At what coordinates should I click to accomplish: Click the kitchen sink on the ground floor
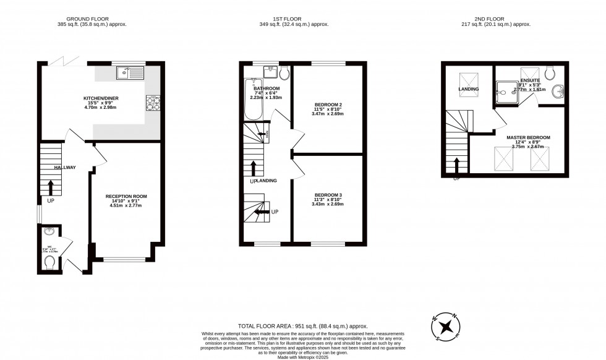(x=130, y=74)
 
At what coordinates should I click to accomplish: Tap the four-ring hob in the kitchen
(x=152, y=103)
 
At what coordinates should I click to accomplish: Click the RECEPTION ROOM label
(x=126, y=196)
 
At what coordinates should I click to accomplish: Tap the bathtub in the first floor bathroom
(x=252, y=100)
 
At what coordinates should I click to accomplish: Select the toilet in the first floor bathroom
(x=284, y=74)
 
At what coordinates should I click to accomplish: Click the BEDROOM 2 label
(x=327, y=105)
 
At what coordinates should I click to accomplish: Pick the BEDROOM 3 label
(x=327, y=195)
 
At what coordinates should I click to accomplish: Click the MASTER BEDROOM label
(x=527, y=137)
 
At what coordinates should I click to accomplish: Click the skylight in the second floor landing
(x=468, y=81)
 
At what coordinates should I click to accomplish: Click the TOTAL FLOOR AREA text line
(x=302, y=326)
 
